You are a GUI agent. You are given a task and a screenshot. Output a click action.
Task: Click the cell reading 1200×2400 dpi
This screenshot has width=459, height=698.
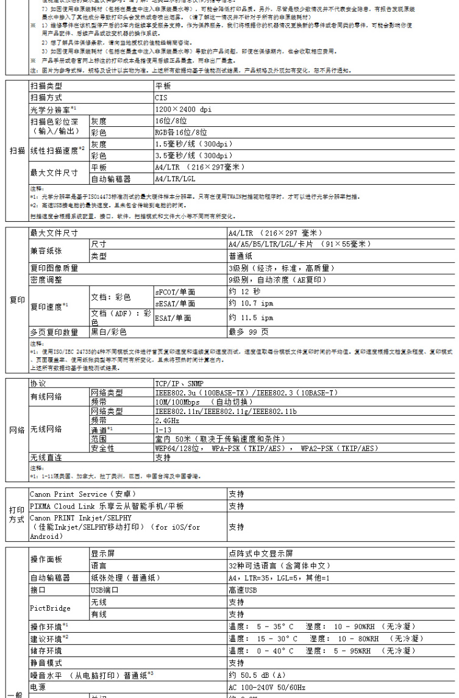[x=183, y=110]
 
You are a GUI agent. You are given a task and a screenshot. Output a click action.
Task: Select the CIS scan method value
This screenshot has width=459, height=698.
[x=161, y=98]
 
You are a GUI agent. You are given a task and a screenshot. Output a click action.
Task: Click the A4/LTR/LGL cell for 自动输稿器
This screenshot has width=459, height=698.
[x=175, y=179]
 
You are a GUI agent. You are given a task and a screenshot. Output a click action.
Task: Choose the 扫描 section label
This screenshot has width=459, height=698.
[x=17, y=150]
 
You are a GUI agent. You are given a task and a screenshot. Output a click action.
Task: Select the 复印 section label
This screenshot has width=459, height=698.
[x=17, y=300]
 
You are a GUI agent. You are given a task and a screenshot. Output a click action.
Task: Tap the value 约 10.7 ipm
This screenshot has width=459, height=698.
[x=251, y=303]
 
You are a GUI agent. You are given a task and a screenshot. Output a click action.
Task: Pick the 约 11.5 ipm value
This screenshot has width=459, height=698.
[x=251, y=318]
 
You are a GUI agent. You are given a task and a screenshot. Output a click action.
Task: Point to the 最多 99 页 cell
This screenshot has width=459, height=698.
[x=248, y=332]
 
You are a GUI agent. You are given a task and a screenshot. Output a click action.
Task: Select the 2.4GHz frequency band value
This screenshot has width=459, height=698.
[x=167, y=421]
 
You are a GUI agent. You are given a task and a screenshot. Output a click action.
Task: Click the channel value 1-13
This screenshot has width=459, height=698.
[x=163, y=430]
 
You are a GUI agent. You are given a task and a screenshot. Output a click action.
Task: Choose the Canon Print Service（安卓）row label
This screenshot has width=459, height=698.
[x=83, y=494]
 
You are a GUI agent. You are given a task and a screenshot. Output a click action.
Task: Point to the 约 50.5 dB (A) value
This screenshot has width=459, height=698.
[x=257, y=675]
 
